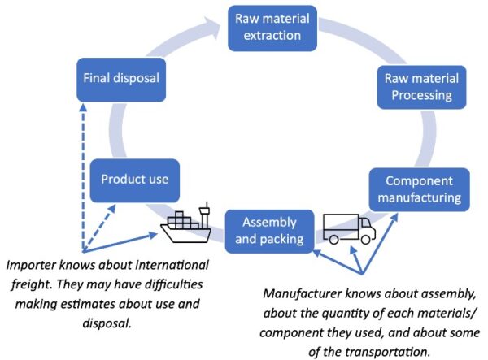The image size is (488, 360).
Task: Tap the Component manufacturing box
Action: (417, 188)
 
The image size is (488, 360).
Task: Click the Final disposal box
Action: (120, 79)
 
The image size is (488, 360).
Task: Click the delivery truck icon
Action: (349, 228)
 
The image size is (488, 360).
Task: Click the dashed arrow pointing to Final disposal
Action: (83, 163)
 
